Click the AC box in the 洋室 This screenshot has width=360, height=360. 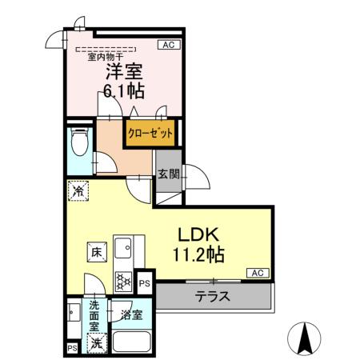click(169, 45)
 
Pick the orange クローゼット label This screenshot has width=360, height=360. click(148, 133)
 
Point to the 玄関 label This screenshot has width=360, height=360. click(167, 175)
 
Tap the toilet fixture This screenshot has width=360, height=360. click(79, 143)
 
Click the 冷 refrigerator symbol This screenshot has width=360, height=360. click(78, 191)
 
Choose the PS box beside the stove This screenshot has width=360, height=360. click(145, 282)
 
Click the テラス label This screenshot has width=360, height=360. click(214, 295)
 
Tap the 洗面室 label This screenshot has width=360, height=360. click(95, 315)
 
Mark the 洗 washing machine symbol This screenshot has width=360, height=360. click(95, 343)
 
